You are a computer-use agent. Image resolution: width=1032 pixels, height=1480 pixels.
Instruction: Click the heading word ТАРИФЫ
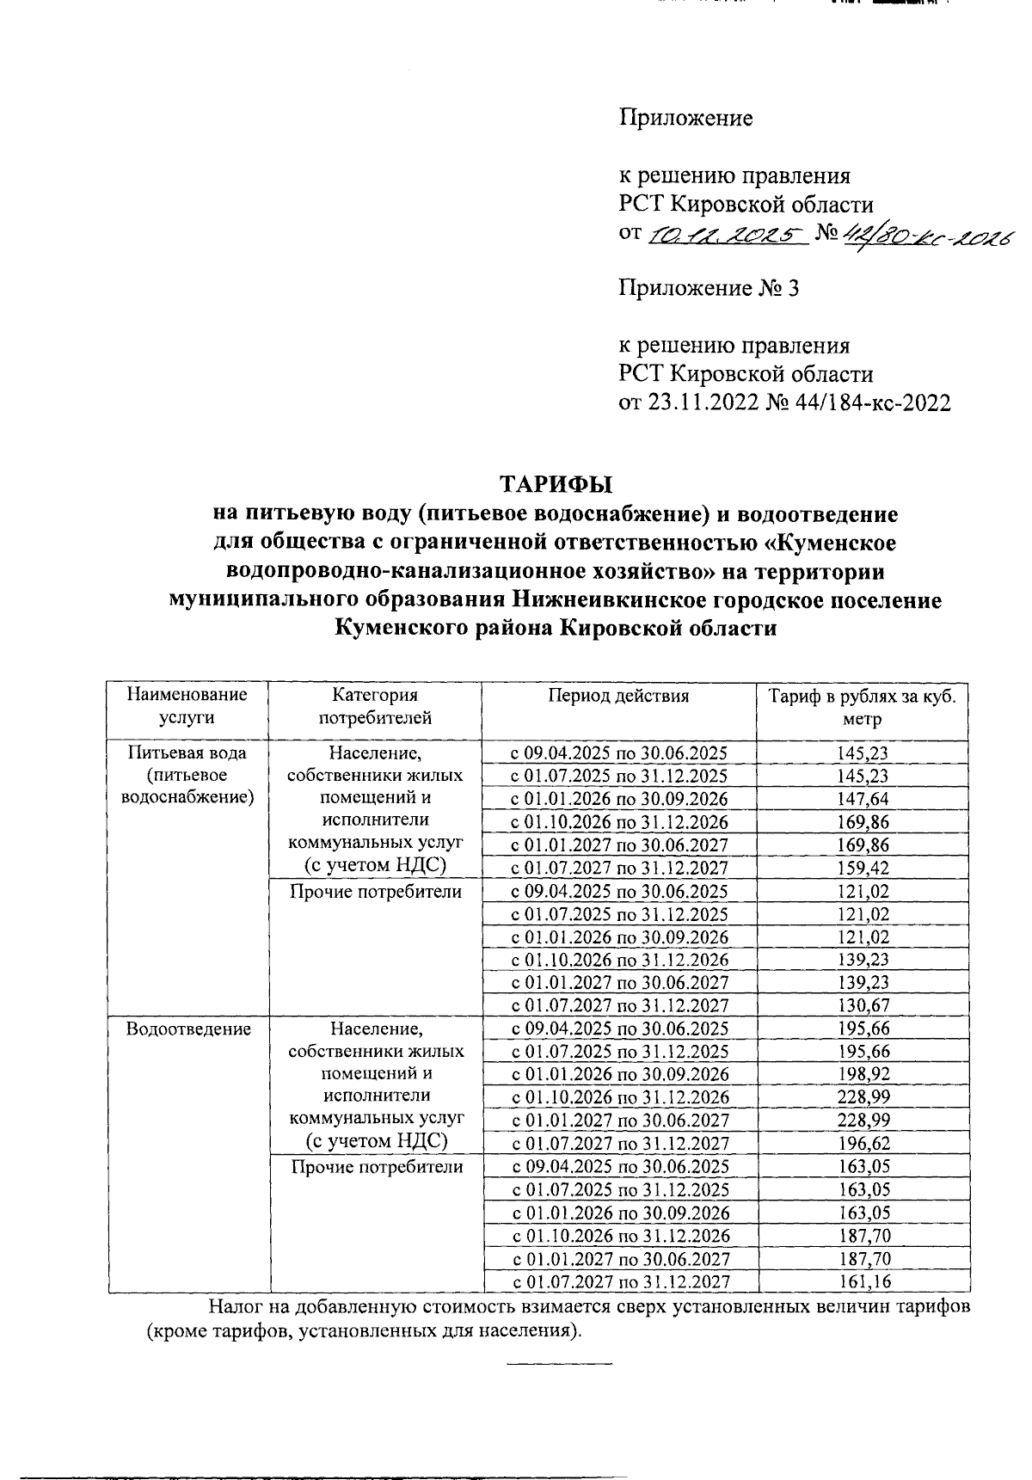(x=556, y=484)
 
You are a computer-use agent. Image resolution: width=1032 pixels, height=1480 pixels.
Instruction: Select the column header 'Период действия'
(x=618, y=696)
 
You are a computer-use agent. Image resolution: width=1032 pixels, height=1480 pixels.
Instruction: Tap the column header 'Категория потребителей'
(x=375, y=706)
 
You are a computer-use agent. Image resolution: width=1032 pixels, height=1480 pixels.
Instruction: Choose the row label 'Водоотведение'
(x=188, y=1029)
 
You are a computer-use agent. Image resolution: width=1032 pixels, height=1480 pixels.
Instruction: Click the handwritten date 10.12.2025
(x=724, y=234)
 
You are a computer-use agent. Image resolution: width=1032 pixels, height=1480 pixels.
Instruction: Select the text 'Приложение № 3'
(x=709, y=288)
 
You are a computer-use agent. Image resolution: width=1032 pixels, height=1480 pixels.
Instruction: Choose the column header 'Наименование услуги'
(x=187, y=706)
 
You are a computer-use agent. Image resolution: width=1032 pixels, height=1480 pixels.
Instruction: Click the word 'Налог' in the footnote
(x=234, y=1308)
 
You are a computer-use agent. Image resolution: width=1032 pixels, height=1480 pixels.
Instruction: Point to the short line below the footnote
(x=559, y=1364)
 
